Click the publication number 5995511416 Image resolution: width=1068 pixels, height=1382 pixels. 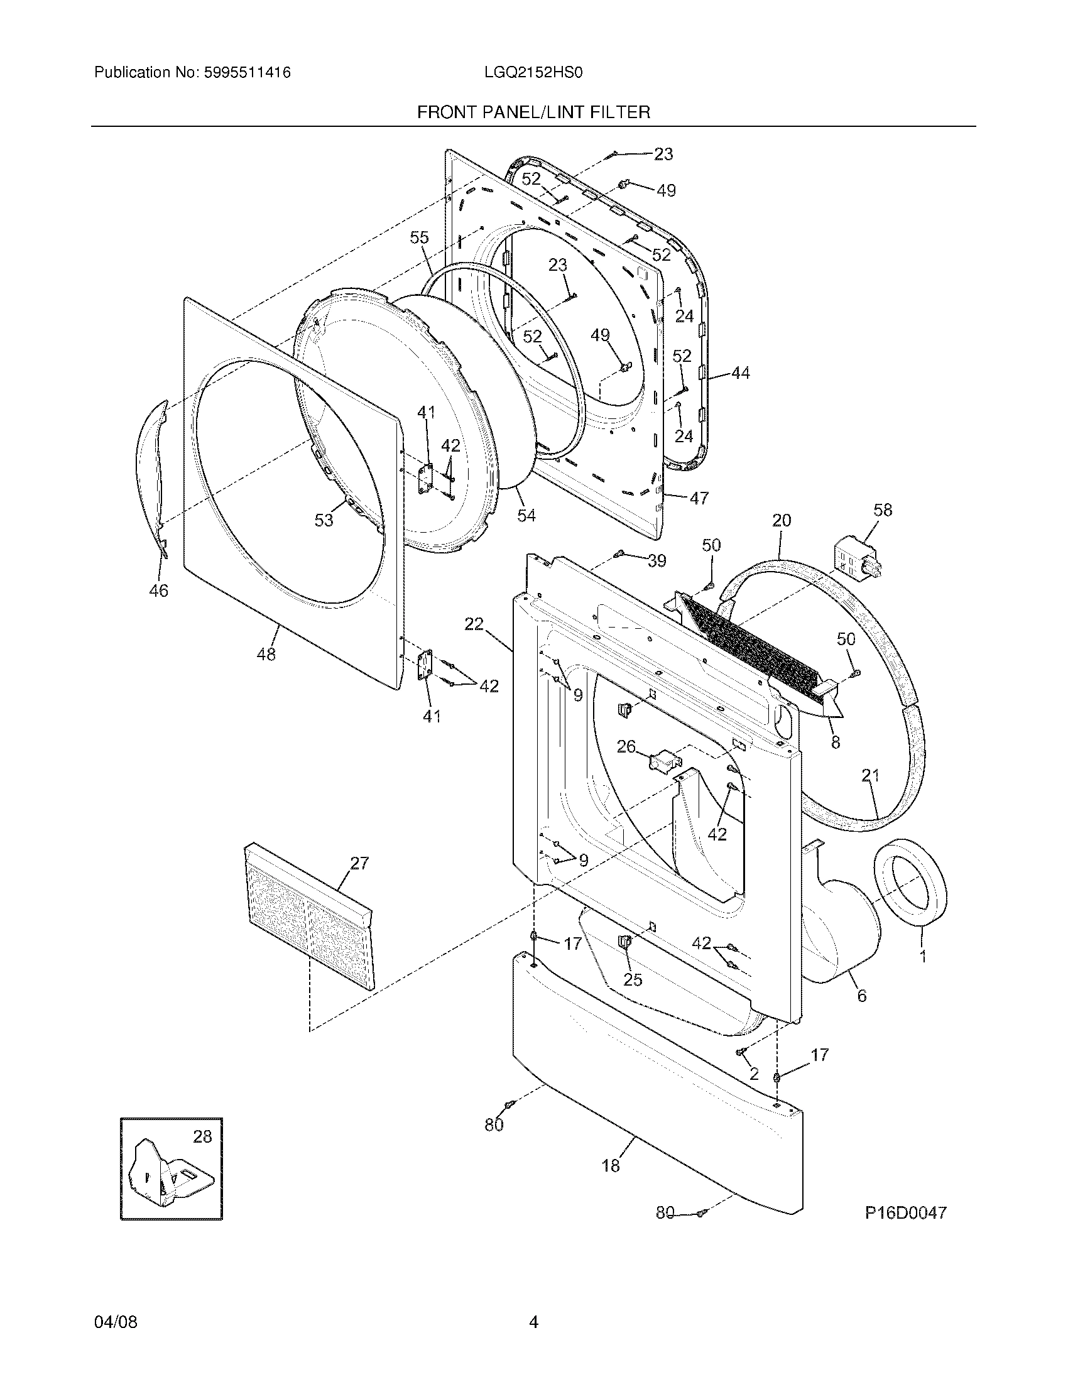246,73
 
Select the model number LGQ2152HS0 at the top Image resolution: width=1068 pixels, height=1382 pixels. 533,73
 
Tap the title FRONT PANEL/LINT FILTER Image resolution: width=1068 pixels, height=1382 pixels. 533,112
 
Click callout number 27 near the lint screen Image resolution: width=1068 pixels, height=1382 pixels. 359,863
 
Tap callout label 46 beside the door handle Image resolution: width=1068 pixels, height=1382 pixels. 158,590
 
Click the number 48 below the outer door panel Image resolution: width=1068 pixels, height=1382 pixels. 266,655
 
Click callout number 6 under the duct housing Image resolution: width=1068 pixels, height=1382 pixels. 861,996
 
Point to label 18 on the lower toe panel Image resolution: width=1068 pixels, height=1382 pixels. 611,1165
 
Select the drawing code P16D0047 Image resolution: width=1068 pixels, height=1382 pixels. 905,1213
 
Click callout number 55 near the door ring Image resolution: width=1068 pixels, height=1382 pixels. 419,237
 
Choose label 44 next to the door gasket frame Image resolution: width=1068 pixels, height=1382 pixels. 740,373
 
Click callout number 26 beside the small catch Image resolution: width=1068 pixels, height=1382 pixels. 626,747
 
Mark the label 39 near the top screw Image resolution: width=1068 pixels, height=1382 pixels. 657,560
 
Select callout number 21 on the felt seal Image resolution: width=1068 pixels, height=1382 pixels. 870,775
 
